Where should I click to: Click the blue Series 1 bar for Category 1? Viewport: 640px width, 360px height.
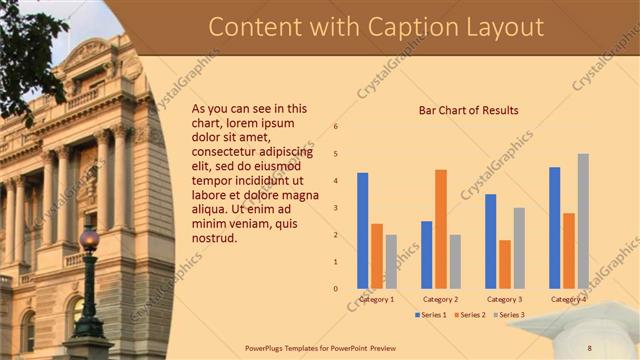(x=362, y=230)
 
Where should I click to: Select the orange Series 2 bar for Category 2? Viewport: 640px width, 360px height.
(x=441, y=229)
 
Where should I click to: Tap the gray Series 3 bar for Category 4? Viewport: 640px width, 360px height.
(x=583, y=221)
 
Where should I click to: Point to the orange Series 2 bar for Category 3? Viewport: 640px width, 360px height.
(x=505, y=264)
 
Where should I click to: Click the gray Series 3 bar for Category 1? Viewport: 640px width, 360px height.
(x=391, y=261)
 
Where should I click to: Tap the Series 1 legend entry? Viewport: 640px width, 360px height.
(x=431, y=315)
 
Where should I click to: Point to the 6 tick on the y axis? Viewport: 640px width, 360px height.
(x=336, y=127)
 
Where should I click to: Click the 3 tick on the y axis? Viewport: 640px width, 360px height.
(x=336, y=208)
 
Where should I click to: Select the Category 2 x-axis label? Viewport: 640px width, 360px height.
(x=440, y=299)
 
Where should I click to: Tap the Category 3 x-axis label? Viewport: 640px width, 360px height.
(x=504, y=299)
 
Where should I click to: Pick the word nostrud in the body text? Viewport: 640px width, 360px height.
(x=214, y=238)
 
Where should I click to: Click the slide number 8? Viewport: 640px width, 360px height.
(x=589, y=347)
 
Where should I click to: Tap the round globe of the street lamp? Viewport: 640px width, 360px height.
(x=89, y=239)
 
